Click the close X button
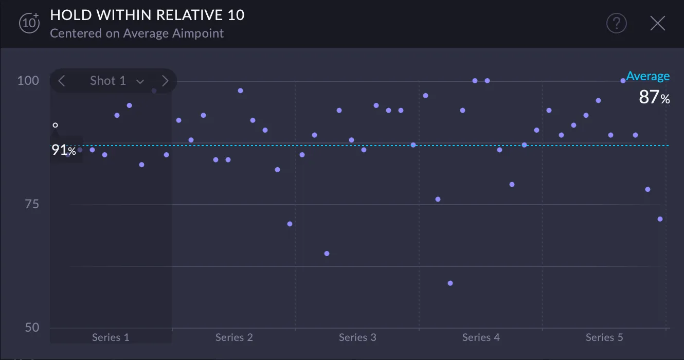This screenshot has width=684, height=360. tap(658, 24)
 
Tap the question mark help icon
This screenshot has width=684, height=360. tap(616, 24)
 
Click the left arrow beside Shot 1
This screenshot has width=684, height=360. tap(62, 81)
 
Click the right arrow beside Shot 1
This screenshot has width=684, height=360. tap(165, 81)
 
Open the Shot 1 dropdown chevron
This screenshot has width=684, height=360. tap(140, 81)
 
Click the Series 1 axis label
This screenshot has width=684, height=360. tap(111, 337)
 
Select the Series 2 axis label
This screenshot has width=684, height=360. tap(234, 337)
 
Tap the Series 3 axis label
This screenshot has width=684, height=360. tap(357, 337)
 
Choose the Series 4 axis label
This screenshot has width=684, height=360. tap(481, 337)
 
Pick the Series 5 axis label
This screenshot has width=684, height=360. tap(604, 337)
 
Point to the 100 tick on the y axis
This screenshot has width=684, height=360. tap(28, 81)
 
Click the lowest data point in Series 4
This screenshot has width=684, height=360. tap(450, 283)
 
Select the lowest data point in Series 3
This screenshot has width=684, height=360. tap(327, 254)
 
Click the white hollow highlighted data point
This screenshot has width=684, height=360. tap(56, 125)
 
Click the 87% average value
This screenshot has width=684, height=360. tap(654, 97)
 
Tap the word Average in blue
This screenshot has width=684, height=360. tap(647, 76)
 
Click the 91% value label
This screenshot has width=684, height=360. tap(64, 150)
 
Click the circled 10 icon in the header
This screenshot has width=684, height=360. tap(29, 23)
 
